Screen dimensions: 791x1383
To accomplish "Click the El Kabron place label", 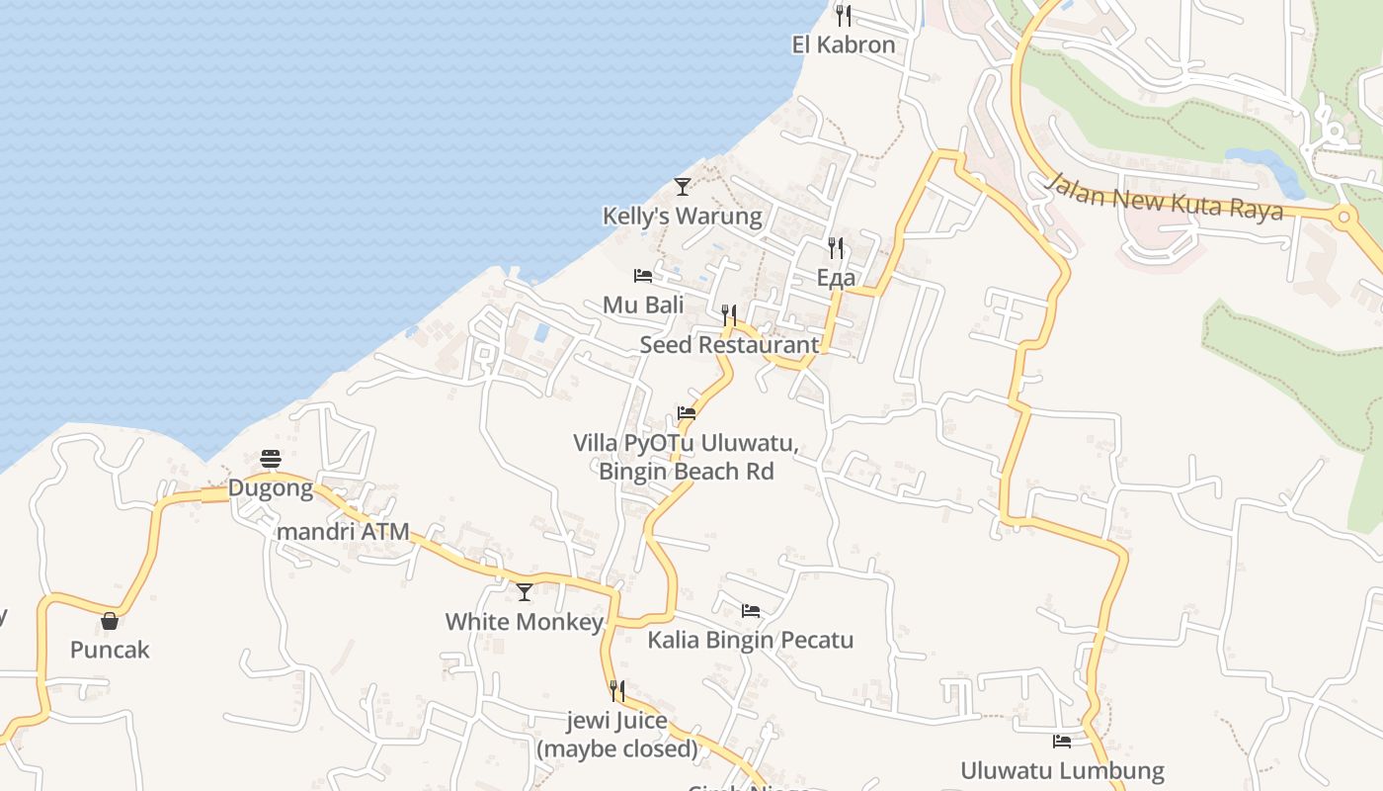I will (x=844, y=44).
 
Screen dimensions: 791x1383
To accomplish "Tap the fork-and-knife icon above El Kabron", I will (x=843, y=15).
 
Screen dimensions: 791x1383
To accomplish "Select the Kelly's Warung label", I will (x=683, y=216).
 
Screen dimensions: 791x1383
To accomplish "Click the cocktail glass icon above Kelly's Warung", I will (x=682, y=186).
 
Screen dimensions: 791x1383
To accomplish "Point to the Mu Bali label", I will (x=643, y=305).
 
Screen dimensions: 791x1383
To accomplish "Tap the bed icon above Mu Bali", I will (x=643, y=275).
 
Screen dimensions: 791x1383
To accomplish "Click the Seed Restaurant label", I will (x=729, y=344).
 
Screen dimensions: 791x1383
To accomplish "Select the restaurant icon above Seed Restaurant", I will (x=729, y=315).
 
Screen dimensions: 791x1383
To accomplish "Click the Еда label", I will (x=836, y=278).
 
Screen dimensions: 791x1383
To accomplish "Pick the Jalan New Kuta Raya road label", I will (x=1165, y=197).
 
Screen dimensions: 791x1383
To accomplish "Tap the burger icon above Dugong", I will (x=271, y=459).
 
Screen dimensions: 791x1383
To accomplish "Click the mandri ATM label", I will (x=343, y=532).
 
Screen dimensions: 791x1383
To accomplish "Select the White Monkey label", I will (x=524, y=622).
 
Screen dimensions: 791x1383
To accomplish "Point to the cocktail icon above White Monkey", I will (x=524, y=592).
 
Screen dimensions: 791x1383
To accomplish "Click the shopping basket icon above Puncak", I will (x=110, y=621).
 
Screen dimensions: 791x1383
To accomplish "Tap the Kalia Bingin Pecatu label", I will (x=750, y=640).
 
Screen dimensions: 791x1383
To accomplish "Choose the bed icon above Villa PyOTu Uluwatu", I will (x=687, y=413).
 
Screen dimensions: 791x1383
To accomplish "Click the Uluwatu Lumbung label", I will (x=1062, y=770).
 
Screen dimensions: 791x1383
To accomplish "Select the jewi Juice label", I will (x=616, y=721).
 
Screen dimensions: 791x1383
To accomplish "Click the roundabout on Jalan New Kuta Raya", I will (x=1343, y=217).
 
